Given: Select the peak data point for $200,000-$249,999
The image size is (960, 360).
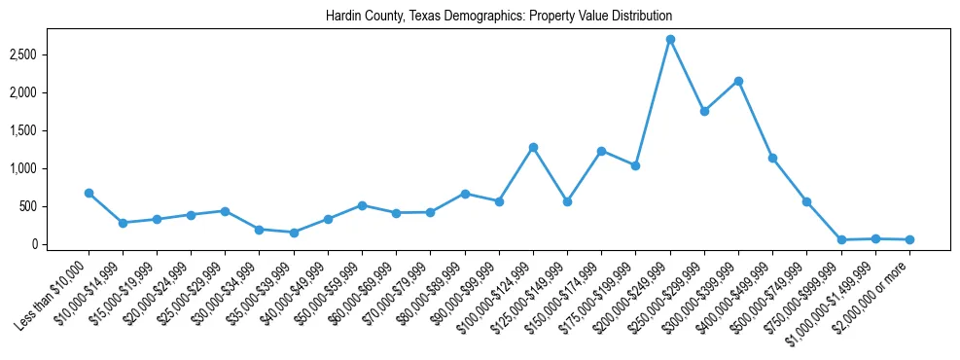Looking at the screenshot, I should click(x=670, y=39).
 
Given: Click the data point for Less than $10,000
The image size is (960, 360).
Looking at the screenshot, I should click(x=89, y=193).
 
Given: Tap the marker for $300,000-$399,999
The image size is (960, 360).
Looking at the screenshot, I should click(x=739, y=81).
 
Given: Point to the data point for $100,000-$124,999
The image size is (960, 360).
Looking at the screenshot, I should click(x=533, y=147).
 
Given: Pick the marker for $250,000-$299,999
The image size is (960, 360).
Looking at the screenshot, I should click(x=704, y=111).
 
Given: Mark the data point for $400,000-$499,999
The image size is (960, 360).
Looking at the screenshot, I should click(x=772, y=158).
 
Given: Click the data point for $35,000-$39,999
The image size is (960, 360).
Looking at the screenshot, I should click(x=294, y=233).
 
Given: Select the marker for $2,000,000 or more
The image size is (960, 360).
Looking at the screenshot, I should click(x=909, y=239).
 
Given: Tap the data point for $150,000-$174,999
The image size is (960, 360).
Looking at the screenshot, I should click(x=601, y=151).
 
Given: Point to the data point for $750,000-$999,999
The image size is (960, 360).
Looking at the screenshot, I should click(x=841, y=239).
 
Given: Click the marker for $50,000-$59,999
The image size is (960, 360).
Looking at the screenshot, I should click(x=362, y=205).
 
